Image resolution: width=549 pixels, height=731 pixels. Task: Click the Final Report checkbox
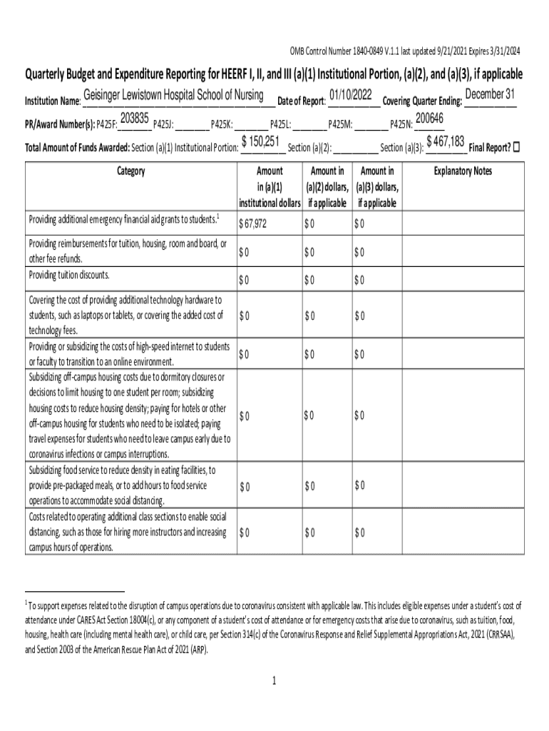pos(517,147)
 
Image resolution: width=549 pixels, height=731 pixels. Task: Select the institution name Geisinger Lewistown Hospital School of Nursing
pos(174,96)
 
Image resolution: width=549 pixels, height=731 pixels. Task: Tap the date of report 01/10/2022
pos(351,95)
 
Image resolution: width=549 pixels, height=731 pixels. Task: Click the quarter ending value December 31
pos(490,95)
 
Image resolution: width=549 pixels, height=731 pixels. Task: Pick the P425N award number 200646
pos(429,119)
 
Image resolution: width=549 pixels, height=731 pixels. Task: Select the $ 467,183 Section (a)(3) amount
pos(445,142)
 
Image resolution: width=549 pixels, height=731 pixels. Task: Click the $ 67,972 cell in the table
pos(253,224)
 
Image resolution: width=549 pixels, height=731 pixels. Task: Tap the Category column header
pos(128,171)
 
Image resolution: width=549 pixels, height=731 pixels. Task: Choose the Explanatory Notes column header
pos(463,171)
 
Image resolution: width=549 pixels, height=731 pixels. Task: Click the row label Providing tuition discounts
pos(68,275)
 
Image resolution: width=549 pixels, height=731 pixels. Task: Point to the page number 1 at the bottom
pos(274,681)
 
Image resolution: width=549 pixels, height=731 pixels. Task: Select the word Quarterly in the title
pos(50,74)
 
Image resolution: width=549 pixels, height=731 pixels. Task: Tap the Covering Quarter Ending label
pos(422,101)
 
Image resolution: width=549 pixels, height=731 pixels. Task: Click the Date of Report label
pos(301,101)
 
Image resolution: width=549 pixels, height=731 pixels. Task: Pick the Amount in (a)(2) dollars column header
pos(327,187)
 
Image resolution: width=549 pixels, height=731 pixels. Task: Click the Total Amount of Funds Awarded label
pos(77,148)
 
